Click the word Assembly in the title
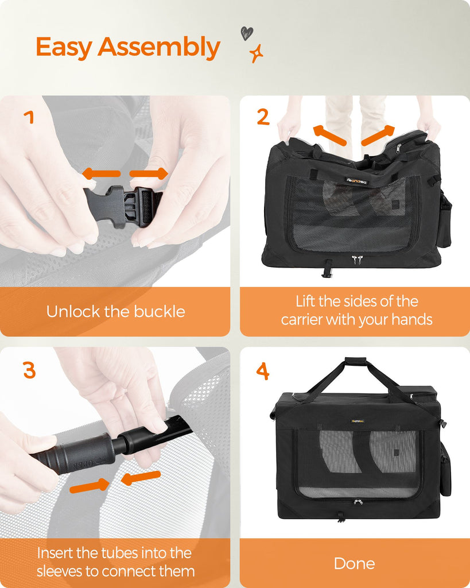(x=158, y=48)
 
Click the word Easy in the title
(x=64, y=48)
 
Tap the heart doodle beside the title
(x=247, y=33)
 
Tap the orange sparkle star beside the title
(x=257, y=53)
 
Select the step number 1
(x=29, y=117)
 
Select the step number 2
(x=263, y=117)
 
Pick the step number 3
(x=29, y=370)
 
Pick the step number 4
(x=263, y=371)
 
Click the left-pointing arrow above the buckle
(x=101, y=173)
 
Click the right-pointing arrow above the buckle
(x=149, y=173)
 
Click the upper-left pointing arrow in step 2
(x=329, y=135)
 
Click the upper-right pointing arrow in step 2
(x=378, y=135)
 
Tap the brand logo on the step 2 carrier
(x=357, y=181)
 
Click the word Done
(x=355, y=563)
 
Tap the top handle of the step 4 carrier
(x=355, y=361)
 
